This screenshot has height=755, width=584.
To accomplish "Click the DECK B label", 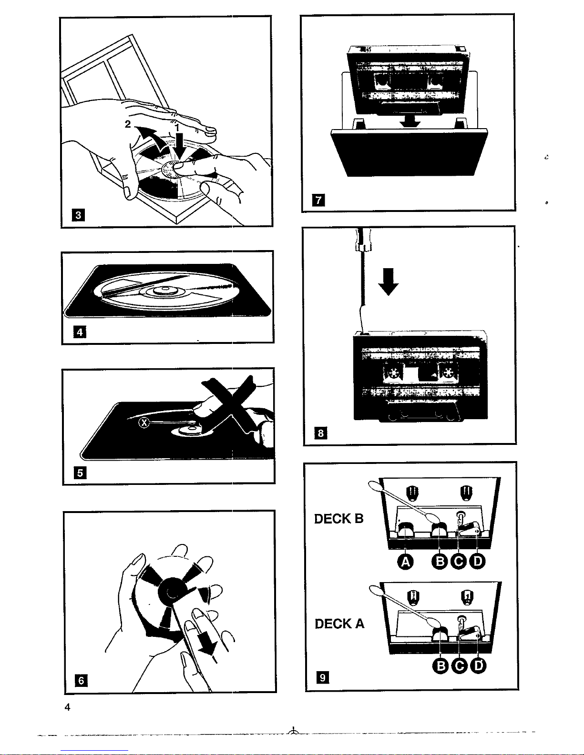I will (339, 518).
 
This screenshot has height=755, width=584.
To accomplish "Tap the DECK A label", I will (339, 623).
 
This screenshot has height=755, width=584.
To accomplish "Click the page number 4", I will (67, 707).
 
